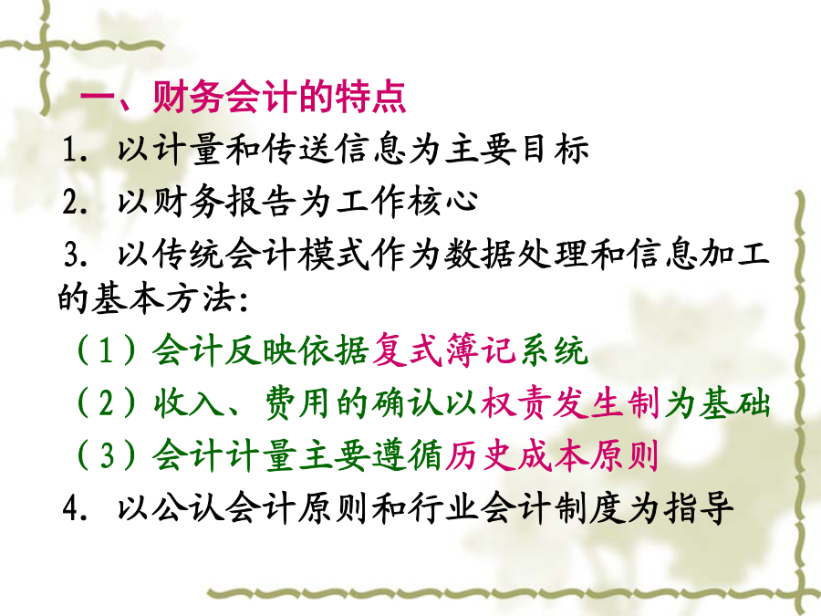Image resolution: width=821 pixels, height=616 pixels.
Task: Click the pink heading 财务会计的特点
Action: pos(280,97)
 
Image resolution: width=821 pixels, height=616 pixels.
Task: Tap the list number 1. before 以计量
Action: pos(75,150)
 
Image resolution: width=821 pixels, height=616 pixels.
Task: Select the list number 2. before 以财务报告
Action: pos(75,203)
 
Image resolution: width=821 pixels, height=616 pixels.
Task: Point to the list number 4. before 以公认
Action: pos(75,507)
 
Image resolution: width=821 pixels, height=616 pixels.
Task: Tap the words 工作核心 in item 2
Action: pos(407,202)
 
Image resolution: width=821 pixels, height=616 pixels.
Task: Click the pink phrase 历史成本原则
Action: pos(552,454)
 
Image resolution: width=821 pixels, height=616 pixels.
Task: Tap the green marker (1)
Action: pos(107,350)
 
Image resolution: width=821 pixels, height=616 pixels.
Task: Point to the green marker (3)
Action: pos(107,454)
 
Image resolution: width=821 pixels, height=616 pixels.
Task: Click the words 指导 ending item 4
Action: pos(699,507)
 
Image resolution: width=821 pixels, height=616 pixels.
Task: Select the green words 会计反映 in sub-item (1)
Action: pos(225,350)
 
